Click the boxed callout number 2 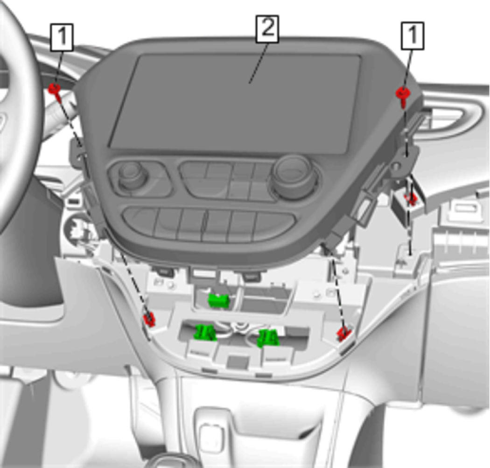(x=267, y=29)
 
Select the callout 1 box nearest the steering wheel (x=62, y=37)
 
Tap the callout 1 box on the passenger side (x=413, y=35)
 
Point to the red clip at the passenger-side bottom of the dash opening (x=344, y=333)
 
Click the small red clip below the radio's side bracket (x=411, y=199)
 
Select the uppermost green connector (x=219, y=301)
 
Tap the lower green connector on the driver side (x=205, y=332)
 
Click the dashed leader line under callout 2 (x=258, y=63)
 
